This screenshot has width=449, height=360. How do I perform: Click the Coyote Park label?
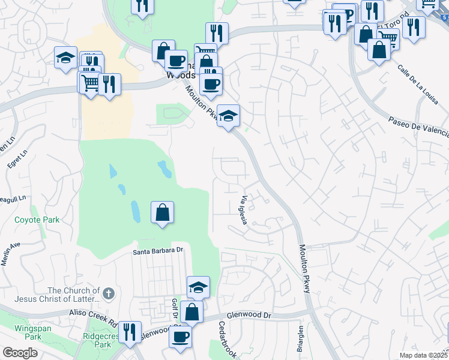click(x=37, y=220)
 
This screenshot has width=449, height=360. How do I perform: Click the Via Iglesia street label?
click(x=244, y=210)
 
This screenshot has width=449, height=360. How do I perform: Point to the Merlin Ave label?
click(x=11, y=247)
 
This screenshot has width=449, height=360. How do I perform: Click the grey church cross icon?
click(x=108, y=293)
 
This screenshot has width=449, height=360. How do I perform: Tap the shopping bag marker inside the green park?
click(x=163, y=212)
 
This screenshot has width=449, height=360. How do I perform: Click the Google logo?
click(x=20, y=353)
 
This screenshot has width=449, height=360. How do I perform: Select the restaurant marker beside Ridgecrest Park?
click(x=129, y=331)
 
